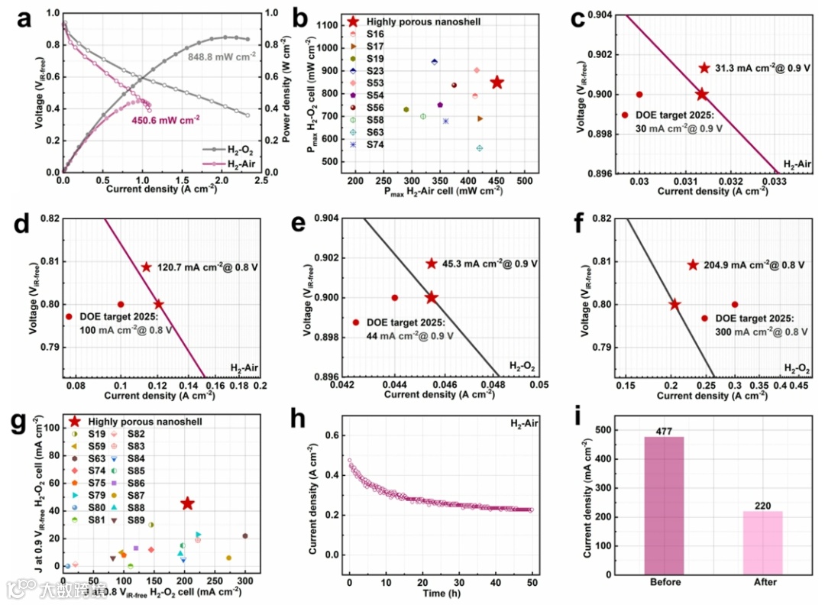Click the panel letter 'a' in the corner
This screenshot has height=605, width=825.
(x=24, y=21)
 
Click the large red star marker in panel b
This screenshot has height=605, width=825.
(x=497, y=82)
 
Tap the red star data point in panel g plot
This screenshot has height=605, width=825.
(x=187, y=503)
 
